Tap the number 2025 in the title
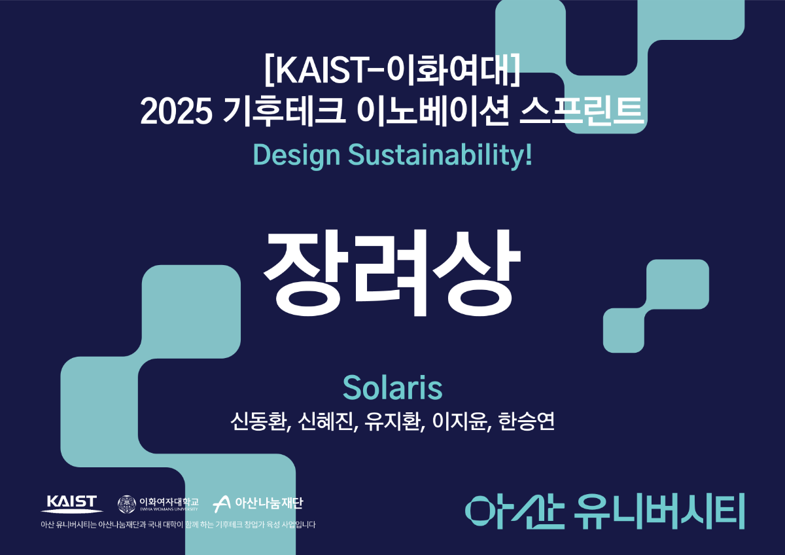pos(176,111)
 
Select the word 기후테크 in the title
pos(285,111)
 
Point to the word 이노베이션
pos(433,111)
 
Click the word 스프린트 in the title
pos(582,111)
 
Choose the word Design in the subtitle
pos(296,156)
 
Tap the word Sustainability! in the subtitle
pos(440,156)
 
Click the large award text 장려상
pos(392,273)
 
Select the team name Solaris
pos(392,387)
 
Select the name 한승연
pos(527,421)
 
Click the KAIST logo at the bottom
pos(72,504)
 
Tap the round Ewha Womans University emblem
pos(126,504)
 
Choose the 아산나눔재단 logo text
pos(269,503)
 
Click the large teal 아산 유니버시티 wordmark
pos(605,511)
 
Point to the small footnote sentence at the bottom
pos(178,524)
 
